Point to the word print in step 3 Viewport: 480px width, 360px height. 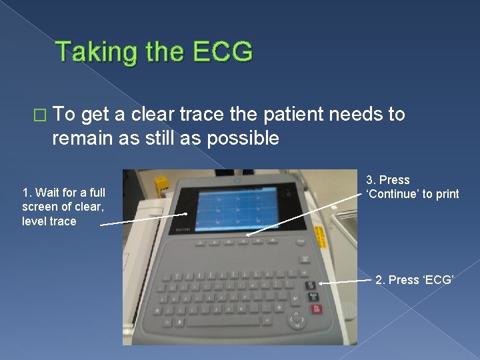(446, 194)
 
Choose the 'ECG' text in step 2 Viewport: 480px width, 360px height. (439, 280)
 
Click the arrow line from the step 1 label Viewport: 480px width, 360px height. (143, 220)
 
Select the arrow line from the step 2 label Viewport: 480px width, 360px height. (346, 282)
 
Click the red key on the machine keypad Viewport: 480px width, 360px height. (315, 308)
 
